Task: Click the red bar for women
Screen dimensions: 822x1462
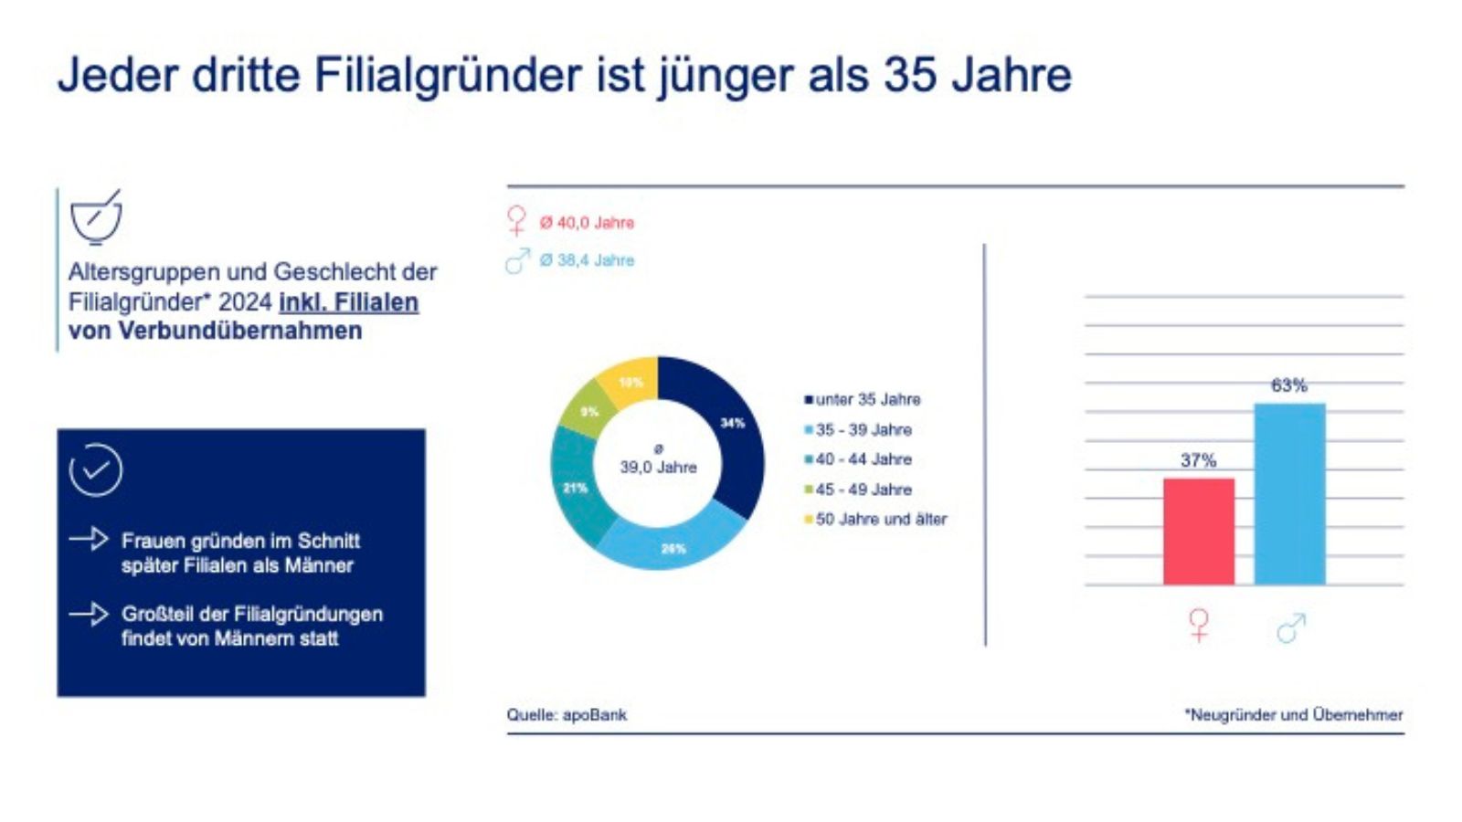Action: point(1198,532)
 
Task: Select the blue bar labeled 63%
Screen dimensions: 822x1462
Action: point(1289,494)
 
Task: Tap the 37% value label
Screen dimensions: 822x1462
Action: point(1198,460)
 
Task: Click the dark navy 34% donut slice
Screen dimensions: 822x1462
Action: point(727,429)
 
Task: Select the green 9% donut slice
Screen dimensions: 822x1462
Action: point(588,413)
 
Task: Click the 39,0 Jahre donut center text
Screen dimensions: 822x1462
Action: point(658,467)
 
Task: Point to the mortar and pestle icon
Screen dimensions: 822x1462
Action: point(95,217)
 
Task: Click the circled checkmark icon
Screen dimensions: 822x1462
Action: point(95,470)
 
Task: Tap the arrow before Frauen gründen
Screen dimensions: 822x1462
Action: point(89,539)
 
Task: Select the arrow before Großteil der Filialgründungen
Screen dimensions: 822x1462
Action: point(89,613)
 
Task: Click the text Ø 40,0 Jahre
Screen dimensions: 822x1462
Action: point(586,223)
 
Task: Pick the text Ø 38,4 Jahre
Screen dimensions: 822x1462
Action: point(586,260)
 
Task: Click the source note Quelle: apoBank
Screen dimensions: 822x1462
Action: point(567,714)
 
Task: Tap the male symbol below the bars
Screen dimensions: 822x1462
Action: point(1290,627)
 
